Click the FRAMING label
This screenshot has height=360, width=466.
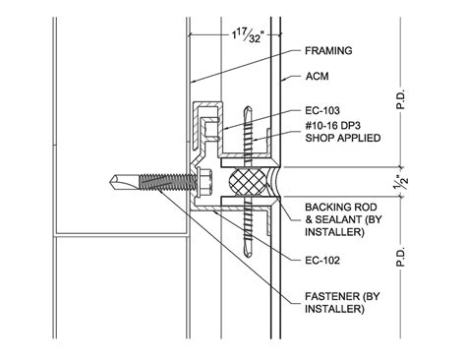coord(328,49)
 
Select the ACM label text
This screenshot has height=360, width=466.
coord(316,76)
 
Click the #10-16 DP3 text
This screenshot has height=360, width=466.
coord(333,125)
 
